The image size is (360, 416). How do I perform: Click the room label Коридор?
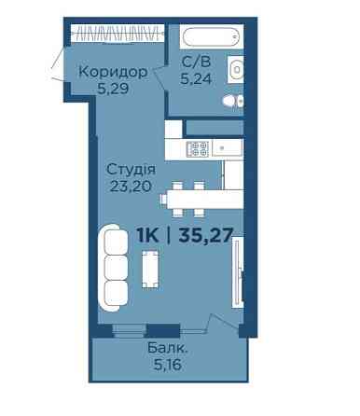click(113, 72)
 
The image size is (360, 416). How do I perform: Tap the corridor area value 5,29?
click(113, 90)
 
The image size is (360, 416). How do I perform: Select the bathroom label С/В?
click(196, 62)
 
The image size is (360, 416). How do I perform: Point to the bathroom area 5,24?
click(196, 79)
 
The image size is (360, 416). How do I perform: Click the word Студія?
click(131, 170)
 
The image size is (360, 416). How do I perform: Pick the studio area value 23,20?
click(131, 187)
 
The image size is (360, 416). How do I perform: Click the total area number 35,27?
click(206, 235)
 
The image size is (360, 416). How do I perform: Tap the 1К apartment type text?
click(147, 235)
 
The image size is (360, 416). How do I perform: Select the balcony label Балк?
click(168, 348)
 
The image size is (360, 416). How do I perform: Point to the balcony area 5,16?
click(168, 365)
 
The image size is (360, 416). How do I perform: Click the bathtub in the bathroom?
click(212, 36)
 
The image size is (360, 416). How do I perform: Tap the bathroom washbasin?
click(236, 69)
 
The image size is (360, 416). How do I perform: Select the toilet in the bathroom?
click(233, 102)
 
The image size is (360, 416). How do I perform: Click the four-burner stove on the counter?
click(198, 149)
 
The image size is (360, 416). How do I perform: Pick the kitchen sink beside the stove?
click(228, 148)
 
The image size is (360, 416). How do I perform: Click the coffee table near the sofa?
click(150, 270)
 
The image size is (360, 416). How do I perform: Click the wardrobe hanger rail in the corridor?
click(118, 34)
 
